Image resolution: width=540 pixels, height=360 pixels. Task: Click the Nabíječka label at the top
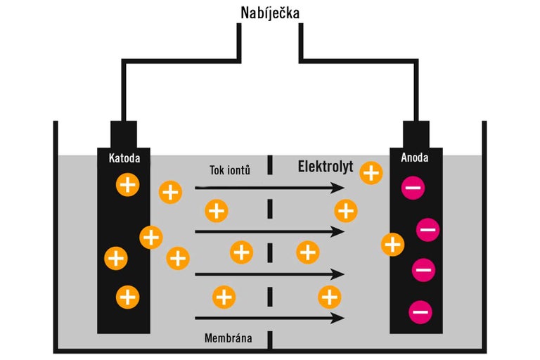click(x=269, y=13)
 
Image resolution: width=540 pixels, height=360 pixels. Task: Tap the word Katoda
click(x=124, y=158)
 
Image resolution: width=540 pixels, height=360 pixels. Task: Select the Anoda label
click(x=414, y=158)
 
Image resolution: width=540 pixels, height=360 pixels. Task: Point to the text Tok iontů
click(x=230, y=170)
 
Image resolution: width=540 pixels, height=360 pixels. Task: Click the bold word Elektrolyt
click(x=325, y=167)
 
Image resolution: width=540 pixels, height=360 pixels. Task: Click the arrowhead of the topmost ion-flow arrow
click(x=340, y=188)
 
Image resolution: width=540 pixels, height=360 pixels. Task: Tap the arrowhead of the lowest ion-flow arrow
click(x=340, y=318)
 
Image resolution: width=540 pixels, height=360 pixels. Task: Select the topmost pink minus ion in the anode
click(x=413, y=188)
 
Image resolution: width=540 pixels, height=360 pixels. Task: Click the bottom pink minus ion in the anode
click(x=420, y=310)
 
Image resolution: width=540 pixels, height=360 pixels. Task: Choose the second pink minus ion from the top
click(x=428, y=229)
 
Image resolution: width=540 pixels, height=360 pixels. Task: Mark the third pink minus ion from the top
click(x=423, y=269)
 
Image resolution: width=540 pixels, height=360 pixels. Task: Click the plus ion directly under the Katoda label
click(x=127, y=185)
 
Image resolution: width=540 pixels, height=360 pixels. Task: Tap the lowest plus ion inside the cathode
click(x=127, y=296)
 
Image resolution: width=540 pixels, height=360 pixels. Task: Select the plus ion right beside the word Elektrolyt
click(x=371, y=172)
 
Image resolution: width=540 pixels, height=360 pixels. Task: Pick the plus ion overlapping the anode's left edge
click(x=392, y=245)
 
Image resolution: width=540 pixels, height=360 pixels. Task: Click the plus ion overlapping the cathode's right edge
click(x=151, y=237)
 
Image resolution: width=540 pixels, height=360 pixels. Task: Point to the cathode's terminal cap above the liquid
click(x=123, y=134)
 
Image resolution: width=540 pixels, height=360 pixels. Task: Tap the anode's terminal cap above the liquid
click(x=416, y=134)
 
